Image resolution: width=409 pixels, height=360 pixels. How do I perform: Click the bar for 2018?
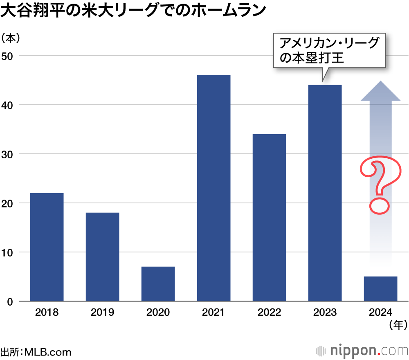click(x=47, y=247)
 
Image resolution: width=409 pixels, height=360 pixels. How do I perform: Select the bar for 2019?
click(x=102, y=257)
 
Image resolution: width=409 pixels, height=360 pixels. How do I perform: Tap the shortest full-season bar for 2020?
click(x=158, y=284)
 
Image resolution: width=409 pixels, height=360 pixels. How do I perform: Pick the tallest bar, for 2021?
click(x=213, y=188)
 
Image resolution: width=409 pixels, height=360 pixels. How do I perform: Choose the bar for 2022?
click(x=269, y=218)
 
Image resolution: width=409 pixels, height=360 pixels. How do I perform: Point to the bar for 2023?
click(x=325, y=193)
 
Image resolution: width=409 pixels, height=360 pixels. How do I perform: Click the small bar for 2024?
click(x=380, y=289)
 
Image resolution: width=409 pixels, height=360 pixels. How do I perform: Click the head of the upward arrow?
click(x=380, y=91)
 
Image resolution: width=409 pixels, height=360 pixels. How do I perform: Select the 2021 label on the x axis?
click(x=213, y=313)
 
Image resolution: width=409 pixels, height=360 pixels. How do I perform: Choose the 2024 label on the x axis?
click(x=380, y=313)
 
